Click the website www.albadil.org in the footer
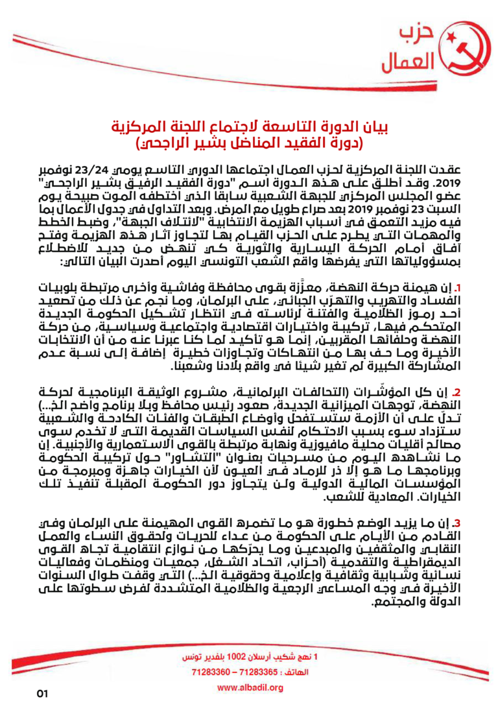[250, 687]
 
